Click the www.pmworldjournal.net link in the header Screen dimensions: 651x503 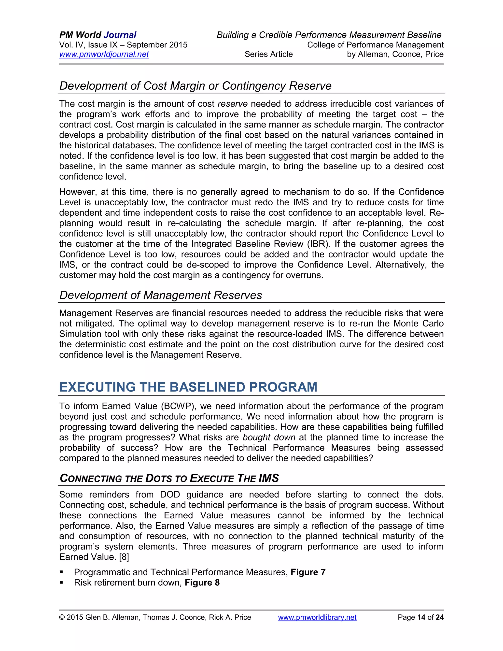point(104,54)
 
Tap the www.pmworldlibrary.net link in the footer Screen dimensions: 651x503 point(317,617)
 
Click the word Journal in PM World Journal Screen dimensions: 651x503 point(120,35)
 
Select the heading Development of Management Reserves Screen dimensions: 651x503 point(161,295)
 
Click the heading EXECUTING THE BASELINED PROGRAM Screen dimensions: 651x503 point(188,387)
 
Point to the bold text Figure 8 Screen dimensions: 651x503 point(202,582)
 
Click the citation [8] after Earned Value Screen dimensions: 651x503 point(124,557)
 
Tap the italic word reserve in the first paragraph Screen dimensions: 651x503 point(232,104)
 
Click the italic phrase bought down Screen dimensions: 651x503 point(269,437)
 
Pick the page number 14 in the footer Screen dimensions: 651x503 point(421,617)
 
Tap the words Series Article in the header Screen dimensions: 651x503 point(268,54)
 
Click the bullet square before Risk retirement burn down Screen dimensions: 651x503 point(61,582)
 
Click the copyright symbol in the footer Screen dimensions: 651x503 point(62,617)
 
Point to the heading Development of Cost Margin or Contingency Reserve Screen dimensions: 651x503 point(195,86)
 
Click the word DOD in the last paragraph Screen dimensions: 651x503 point(170,495)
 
